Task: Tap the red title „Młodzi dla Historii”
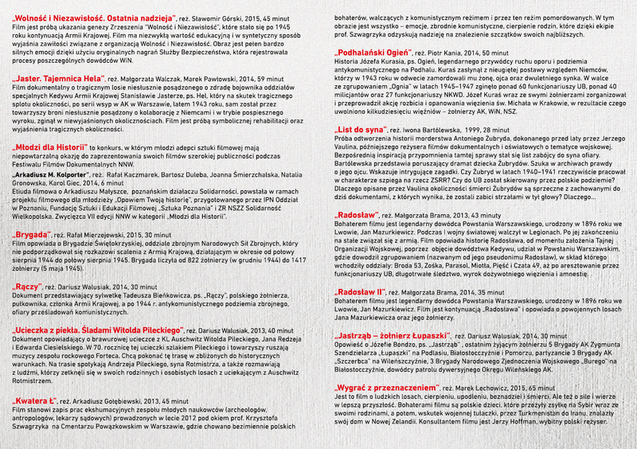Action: (x=49, y=146)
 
